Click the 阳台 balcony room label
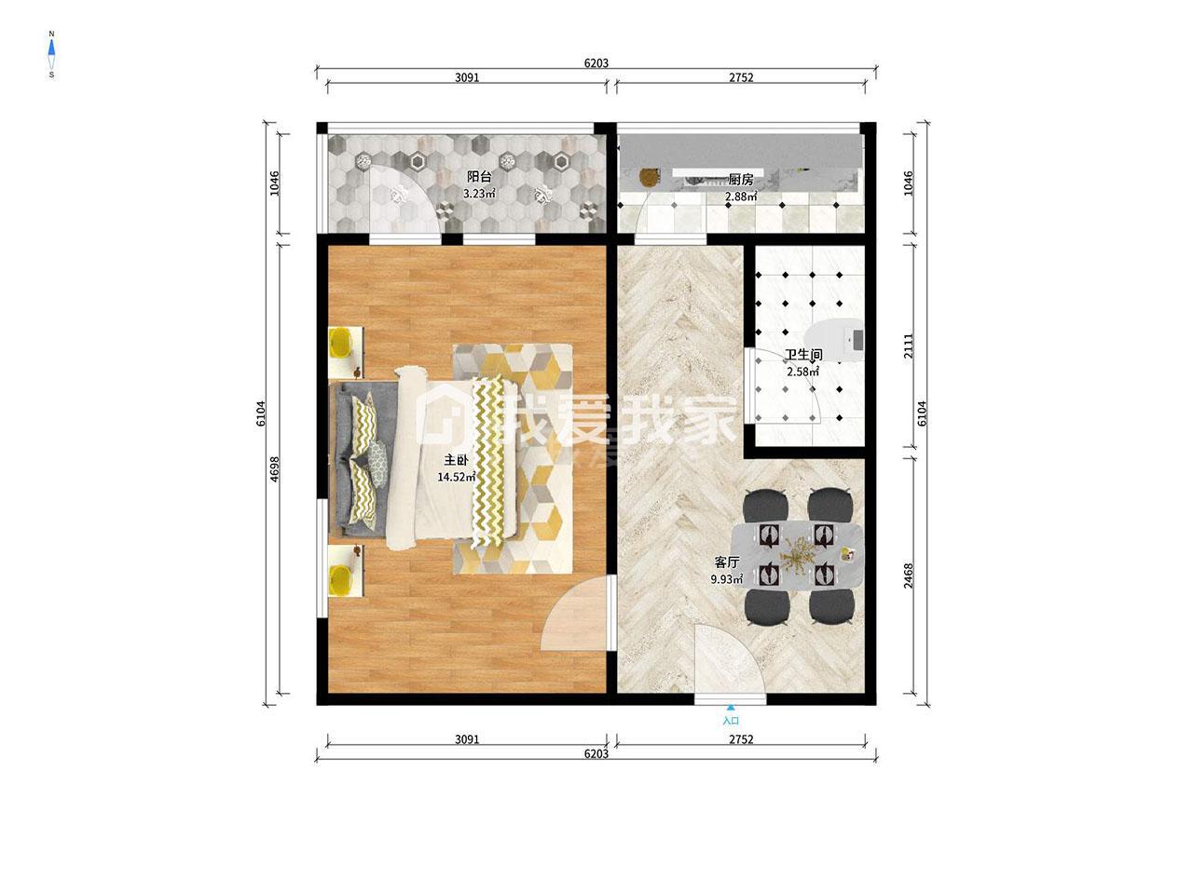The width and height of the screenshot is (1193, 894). click(x=479, y=176)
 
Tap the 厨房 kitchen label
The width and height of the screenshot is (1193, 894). click(x=740, y=180)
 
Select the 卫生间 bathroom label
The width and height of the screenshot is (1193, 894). click(x=802, y=355)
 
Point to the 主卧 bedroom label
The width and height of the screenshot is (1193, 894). click(x=456, y=460)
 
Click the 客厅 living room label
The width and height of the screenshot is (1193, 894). click(x=727, y=562)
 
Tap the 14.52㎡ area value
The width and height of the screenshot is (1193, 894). click(x=457, y=477)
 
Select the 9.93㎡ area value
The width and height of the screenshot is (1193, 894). click(x=727, y=579)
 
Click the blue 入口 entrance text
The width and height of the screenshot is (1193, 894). click(x=731, y=721)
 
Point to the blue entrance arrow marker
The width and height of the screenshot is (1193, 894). click(x=731, y=707)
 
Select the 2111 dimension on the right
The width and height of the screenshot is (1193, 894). click(x=908, y=345)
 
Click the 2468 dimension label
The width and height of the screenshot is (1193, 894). click(x=908, y=576)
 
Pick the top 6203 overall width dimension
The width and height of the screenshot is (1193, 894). click(x=596, y=63)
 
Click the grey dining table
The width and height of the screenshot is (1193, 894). click(x=797, y=555)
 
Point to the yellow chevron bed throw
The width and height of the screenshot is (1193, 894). click(x=487, y=461)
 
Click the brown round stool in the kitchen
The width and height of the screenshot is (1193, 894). click(x=648, y=178)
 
